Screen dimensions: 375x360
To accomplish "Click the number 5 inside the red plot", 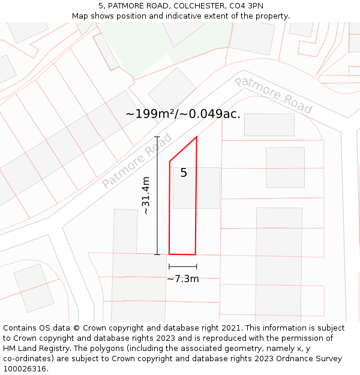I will [x=184, y=173].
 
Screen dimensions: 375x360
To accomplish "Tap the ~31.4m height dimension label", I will [x=146, y=196].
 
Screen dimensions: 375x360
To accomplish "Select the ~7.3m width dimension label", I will [x=183, y=278].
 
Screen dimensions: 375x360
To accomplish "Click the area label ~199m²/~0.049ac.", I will [x=183, y=114].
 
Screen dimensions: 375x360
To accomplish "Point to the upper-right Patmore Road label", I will [x=274, y=95].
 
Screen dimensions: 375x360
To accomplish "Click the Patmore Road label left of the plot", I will [x=137, y=161].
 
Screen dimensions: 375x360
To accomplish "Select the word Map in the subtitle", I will [x=80, y=16].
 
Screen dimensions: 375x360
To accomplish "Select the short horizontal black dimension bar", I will [x=183, y=266].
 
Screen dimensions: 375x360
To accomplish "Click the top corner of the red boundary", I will [x=197, y=137].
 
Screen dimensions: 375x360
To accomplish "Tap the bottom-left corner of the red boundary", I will [x=169, y=254].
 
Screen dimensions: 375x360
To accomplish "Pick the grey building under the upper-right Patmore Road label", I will [x=269, y=125].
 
